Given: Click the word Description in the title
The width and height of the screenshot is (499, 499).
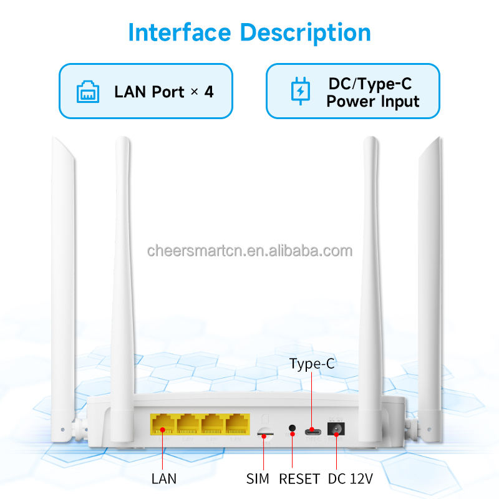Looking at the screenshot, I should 306,32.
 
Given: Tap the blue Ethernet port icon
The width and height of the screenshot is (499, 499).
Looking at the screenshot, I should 88,92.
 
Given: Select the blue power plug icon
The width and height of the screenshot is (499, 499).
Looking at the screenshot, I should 301,92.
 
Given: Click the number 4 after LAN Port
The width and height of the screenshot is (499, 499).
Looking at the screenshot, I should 208,92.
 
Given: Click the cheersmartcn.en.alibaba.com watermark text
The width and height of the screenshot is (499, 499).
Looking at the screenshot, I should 249,251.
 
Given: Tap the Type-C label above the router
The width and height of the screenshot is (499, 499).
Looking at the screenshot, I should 312,364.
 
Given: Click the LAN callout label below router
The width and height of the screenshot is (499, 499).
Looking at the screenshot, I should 163,479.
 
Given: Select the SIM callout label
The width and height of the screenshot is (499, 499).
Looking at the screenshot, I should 258,479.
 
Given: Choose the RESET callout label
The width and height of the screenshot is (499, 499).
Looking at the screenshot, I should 299,479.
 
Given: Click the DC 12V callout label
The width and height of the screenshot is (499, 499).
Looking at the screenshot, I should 350,479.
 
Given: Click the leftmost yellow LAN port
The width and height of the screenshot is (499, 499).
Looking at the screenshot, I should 162,425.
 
